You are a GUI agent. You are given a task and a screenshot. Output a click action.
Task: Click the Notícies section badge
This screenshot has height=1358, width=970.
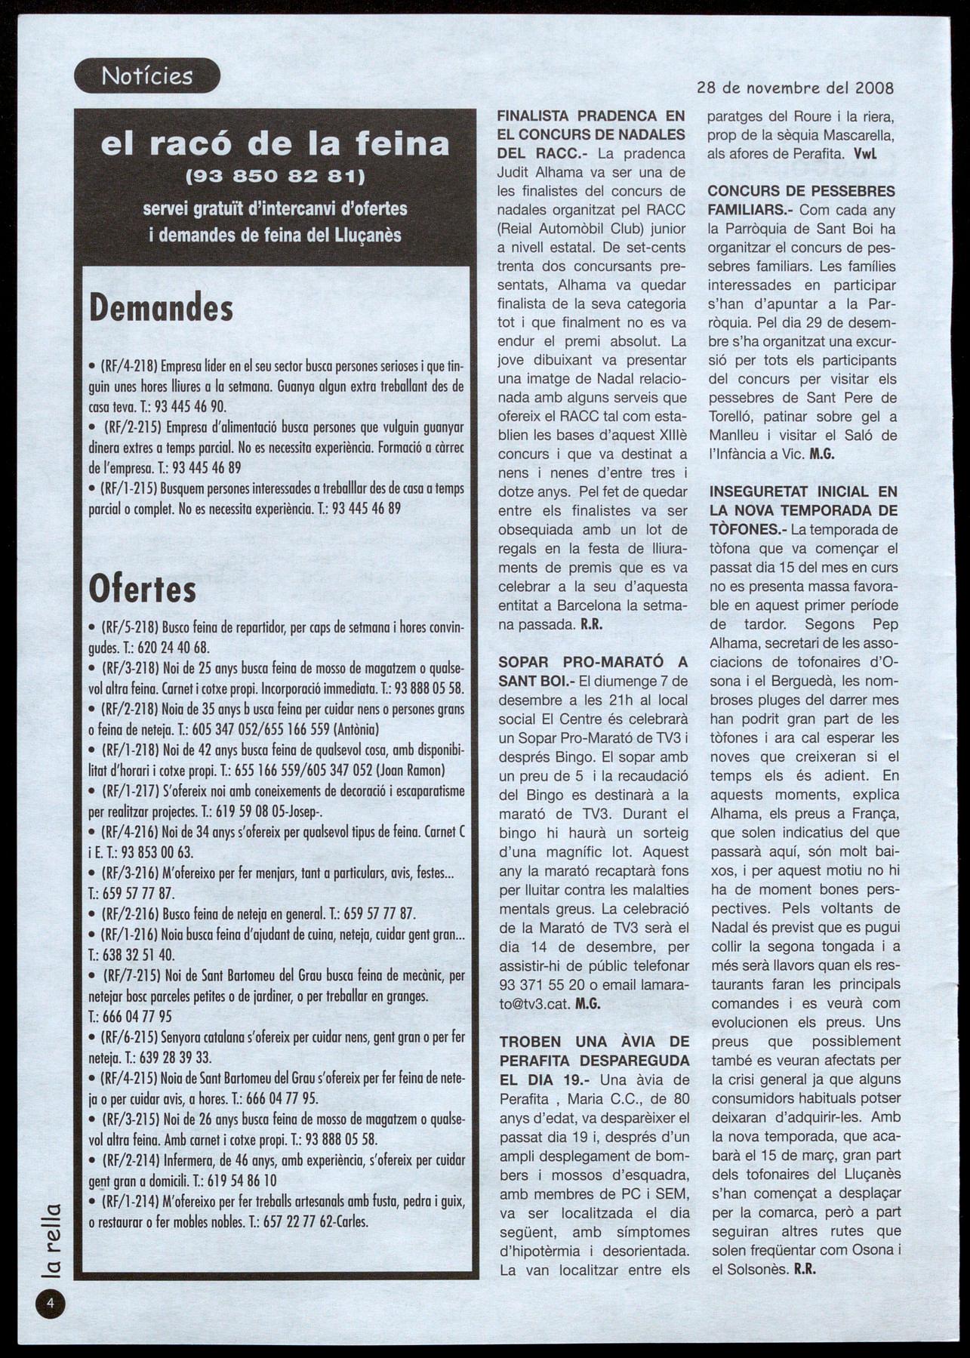pyautogui.click(x=147, y=76)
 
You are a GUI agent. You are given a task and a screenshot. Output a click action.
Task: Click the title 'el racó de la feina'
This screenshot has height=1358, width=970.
pyautogui.click(x=275, y=143)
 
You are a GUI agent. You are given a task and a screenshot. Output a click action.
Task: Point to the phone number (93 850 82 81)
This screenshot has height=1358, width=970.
pyautogui.click(x=276, y=178)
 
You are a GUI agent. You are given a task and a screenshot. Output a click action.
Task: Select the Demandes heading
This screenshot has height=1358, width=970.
pyautogui.click(x=161, y=307)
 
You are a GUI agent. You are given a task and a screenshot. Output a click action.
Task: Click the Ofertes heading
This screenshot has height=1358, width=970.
pyautogui.click(x=143, y=590)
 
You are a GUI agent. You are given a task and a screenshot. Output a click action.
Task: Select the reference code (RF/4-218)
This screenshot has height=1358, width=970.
pyautogui.click(x=128, y=368)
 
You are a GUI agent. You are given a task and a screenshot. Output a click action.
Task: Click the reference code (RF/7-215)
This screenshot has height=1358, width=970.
pyautogui.click(x=128, y=975)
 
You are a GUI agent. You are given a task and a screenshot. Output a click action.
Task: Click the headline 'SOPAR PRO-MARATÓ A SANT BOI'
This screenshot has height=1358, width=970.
pyautogui.click(x=593, y=671)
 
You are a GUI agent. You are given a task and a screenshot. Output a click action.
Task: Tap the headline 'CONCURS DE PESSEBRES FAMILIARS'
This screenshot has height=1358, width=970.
pyautogui.click(x=802, y=200)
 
